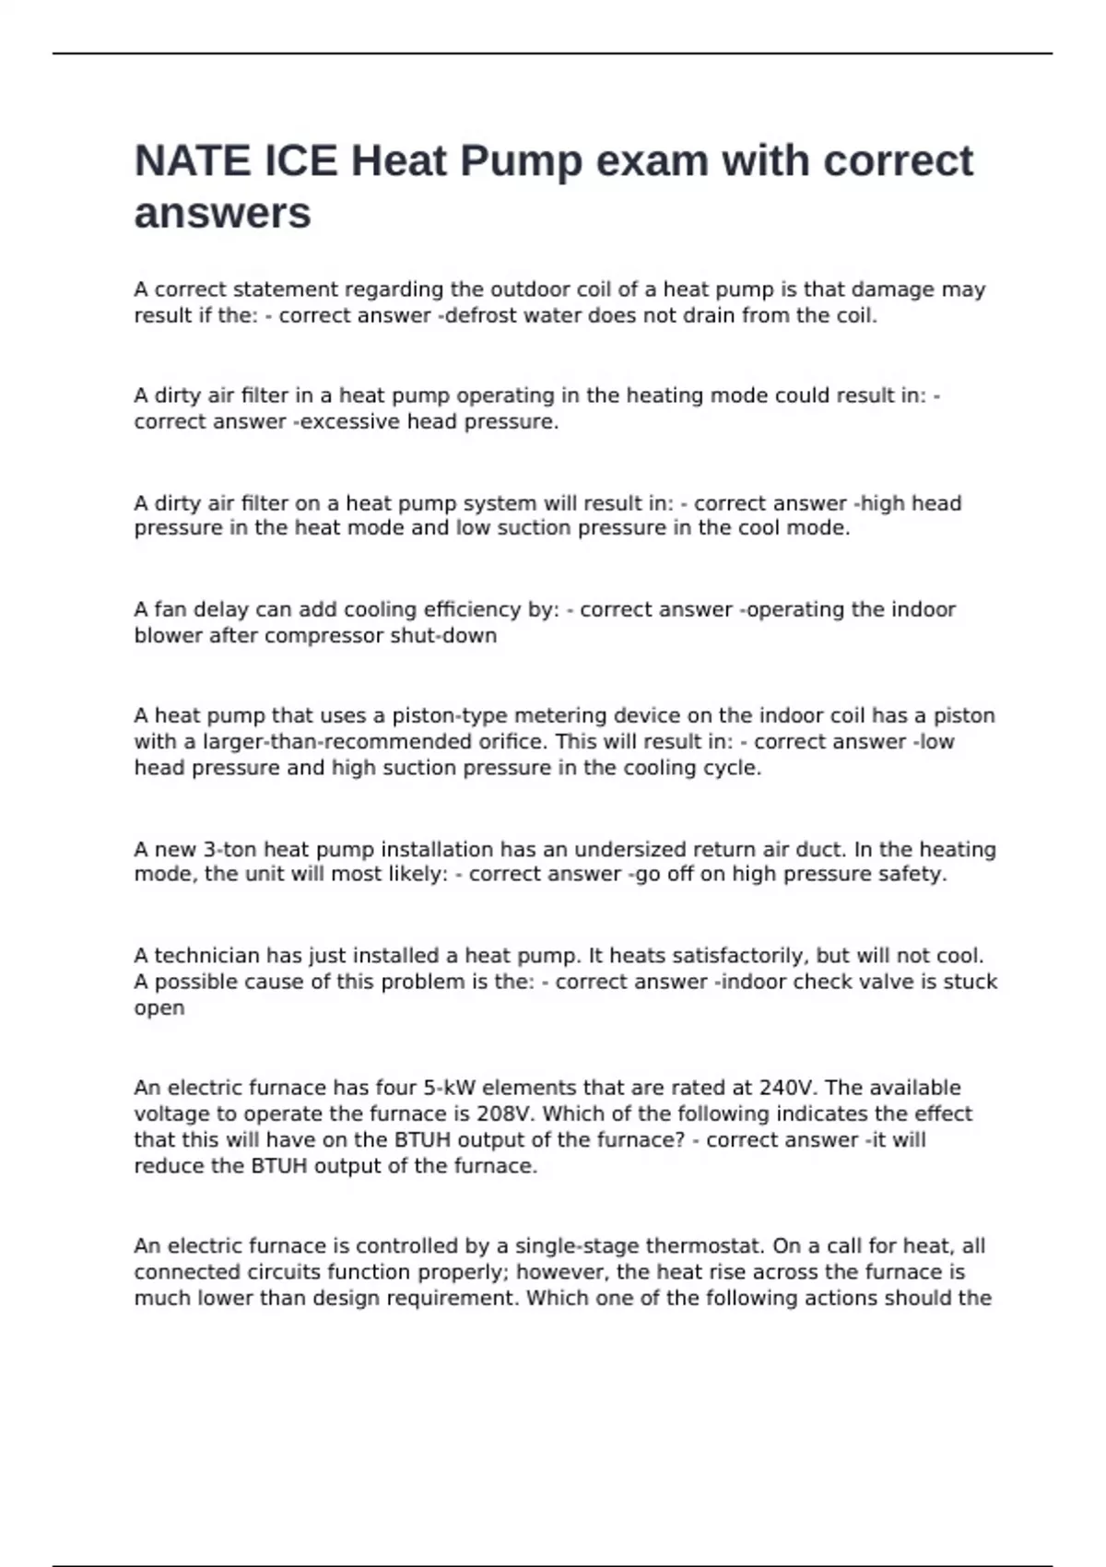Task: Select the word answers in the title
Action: point(222,214)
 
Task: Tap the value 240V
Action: point(783,1088)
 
